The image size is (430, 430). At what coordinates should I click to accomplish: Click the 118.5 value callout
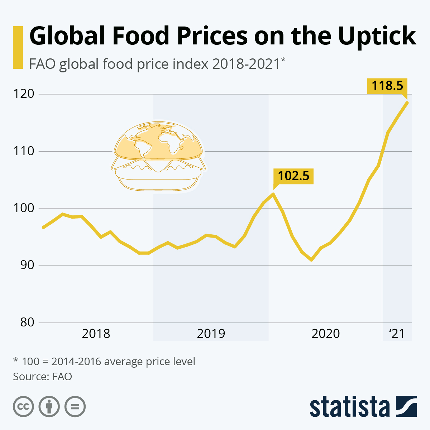[x=387, y=86]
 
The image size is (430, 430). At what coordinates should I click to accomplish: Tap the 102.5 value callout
[x=293, y=176]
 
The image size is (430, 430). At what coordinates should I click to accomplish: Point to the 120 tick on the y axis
[x=24, y=94]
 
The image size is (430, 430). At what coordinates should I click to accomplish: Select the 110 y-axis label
[x=24, y=151]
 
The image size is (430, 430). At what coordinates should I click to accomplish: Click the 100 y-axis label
[x=24, y=208]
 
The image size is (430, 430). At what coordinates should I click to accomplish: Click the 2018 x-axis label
[x=96, y=334]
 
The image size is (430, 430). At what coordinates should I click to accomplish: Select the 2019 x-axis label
[x=211, y=334]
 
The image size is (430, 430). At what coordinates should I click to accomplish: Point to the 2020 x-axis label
[x=325, y=334]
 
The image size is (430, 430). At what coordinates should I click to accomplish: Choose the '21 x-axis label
[x=396, y=334]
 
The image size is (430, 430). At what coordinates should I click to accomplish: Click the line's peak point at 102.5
[x=273, y=194]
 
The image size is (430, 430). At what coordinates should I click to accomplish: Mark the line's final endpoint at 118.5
[x=407, y=102]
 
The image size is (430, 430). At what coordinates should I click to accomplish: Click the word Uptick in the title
[x=377, y=36]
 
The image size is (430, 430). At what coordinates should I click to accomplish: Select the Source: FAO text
[x=42, y=377]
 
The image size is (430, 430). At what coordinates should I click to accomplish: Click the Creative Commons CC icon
[x=23, y=407]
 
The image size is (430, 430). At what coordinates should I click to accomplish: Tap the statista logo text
[x=349, y=407]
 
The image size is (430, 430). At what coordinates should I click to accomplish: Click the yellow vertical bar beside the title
[x=18, y=47]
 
